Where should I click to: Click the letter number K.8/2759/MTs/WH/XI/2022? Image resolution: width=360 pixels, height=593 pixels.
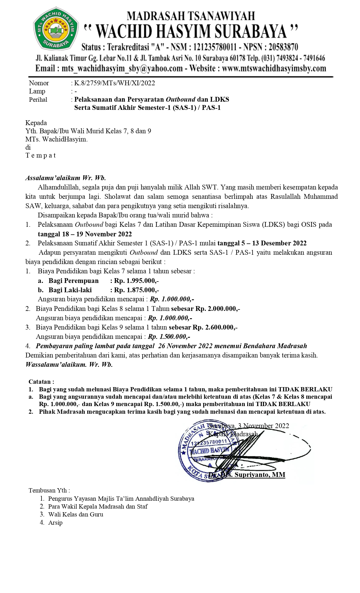coord(114,83)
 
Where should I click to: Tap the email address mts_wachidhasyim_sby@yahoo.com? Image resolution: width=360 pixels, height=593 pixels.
coord(122,69)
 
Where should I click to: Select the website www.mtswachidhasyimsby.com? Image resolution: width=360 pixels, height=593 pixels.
coord(274,69)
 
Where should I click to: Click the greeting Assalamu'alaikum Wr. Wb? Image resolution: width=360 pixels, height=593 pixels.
coord(66,178)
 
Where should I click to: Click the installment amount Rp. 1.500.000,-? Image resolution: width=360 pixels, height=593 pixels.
coord(169,337)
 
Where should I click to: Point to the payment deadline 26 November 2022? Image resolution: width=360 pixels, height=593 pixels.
coord(185,346)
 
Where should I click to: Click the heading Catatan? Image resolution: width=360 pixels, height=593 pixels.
coord(41,382)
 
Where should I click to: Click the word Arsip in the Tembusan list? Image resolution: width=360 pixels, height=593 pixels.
coord(55,522)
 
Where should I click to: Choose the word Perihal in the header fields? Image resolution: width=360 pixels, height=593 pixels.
coord(38,100)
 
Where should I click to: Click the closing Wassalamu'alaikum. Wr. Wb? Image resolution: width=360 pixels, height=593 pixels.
coord(69,364)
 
